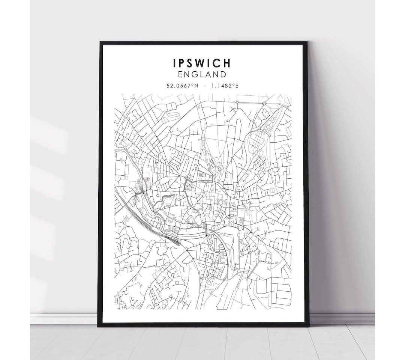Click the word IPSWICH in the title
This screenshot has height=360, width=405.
[x=202, y=63]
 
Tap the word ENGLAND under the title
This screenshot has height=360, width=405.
[x=202, y=74]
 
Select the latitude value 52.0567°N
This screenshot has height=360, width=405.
[x=182, y=86]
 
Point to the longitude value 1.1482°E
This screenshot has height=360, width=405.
[x=225, y=86]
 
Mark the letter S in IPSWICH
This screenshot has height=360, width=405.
[x=190, y=63]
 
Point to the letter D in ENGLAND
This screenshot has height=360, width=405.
[x=223, y=74]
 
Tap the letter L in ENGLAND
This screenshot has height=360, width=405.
[x=201, y=74]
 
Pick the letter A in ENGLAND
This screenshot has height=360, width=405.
[x=207, y=74]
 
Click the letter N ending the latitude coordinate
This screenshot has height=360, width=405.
[x=195, y=86]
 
